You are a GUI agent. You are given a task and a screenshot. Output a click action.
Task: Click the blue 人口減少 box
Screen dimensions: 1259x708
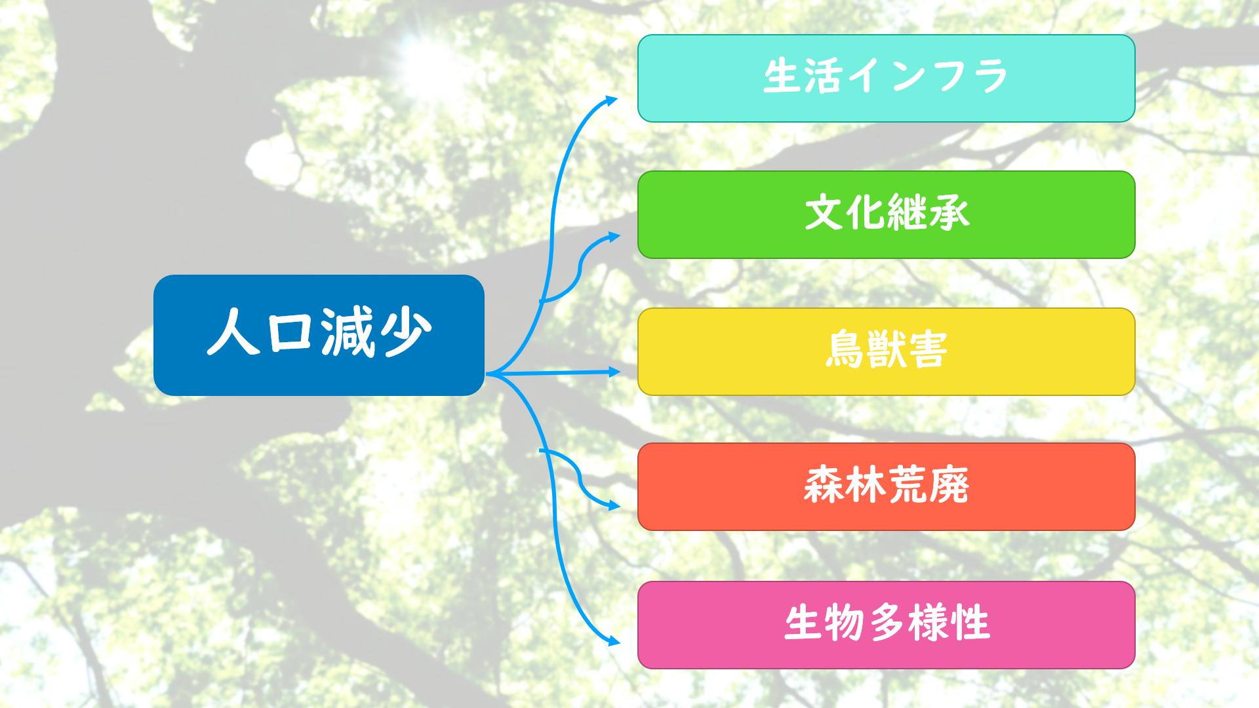coord(319,335)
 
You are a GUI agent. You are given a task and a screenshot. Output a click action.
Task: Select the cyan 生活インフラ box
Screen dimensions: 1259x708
coord(886,78)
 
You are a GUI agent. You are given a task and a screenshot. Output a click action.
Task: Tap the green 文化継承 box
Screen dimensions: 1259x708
coord(886,214)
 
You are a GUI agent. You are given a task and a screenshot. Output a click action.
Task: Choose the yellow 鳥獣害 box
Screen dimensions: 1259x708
coord(886,351)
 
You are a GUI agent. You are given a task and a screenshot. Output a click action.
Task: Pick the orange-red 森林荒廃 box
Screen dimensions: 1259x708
coord(886,486)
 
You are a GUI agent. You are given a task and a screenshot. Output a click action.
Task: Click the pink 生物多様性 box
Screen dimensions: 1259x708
coord(886,625)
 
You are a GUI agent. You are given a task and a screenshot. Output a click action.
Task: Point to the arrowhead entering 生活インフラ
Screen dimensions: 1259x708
coord(611,100)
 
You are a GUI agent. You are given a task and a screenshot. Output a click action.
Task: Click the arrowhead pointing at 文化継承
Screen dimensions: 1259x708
coord(612,236)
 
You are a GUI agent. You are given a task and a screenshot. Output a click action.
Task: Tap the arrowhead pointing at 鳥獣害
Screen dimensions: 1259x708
coord(613,372)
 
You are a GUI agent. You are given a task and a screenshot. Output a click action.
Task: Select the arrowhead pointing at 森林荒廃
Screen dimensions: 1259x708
coord(613,505)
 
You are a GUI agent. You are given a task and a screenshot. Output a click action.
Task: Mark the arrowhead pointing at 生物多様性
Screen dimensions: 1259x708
coord(613,642)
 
